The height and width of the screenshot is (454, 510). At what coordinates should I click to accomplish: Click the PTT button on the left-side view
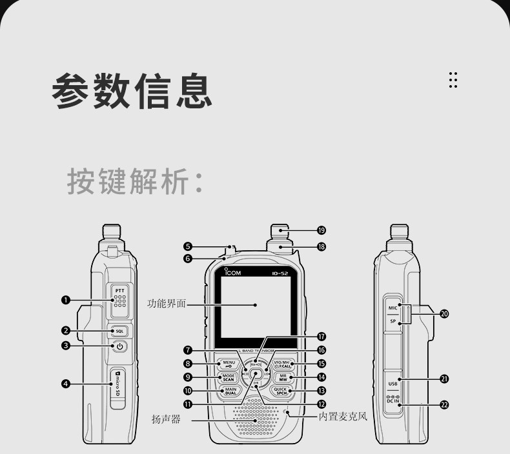(x=119, y=300)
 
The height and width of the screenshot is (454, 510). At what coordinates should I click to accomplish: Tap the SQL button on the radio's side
(x=119, y=331)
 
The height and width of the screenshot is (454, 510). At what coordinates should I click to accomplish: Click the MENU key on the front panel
(x=229, y=364)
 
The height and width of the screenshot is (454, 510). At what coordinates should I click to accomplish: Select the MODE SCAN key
(x=229, y=377)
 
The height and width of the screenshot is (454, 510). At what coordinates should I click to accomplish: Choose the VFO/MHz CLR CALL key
(x=282, y=364)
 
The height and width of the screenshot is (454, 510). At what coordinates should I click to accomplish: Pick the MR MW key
(x=282, y=377)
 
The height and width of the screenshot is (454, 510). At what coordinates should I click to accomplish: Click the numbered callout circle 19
(x=321, y=230)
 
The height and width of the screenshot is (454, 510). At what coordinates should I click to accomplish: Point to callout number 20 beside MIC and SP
(x=444, y=313)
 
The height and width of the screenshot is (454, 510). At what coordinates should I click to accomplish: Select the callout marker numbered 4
(x=65, y=384)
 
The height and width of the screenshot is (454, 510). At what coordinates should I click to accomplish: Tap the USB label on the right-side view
(x=393, y=384)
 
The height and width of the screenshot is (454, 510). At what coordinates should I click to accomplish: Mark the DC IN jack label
(x=393, y=400)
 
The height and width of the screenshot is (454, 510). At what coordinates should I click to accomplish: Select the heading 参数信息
(x=132, y=92)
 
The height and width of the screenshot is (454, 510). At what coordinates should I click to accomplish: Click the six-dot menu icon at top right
(x=453, y=80)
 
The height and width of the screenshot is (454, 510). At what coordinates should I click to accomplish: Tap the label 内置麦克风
(x=343, y=417)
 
